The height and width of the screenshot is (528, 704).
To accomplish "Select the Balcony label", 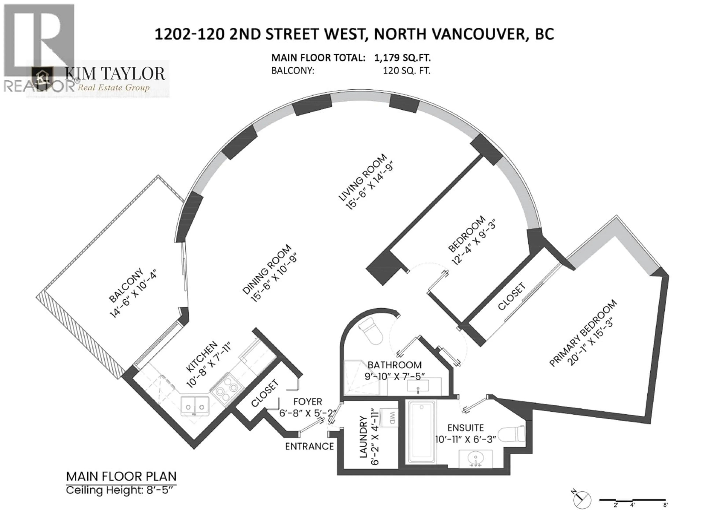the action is point(126,285).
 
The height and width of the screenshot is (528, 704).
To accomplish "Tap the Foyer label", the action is point(307,402).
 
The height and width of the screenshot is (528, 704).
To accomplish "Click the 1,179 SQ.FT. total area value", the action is point(402,58).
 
